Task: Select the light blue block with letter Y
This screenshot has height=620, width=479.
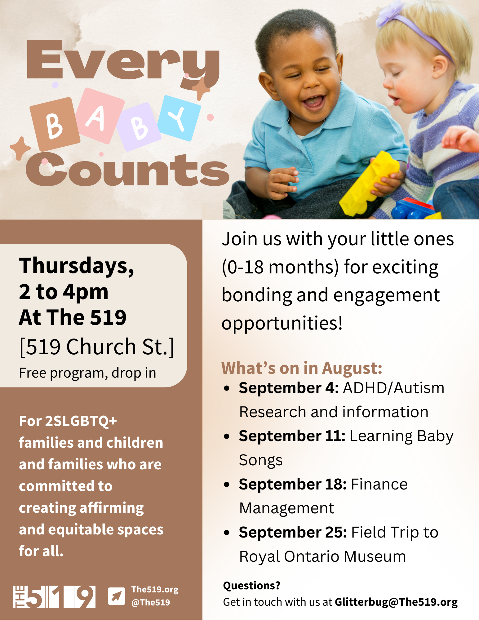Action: pyautogui.click(x=179, y=118)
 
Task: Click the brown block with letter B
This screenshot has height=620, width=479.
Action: pyautogui.click(x=55, y=124)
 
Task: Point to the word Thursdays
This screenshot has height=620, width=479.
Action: pyautogui.click(x=77, y=266)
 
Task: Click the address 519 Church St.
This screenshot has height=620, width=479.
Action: pyautogui.click(x=97, y=347)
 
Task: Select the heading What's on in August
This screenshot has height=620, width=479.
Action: pyautogui.click(x=302, y=368)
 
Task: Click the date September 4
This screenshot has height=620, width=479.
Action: pyautogui.click(x=289, y=388)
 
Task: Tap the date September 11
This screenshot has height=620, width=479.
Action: pyautogui.click(x=292, y=436)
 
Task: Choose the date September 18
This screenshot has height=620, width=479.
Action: pyautogui.click(x=293, y=484)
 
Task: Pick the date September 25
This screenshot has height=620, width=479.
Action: pyautogui.click(x=293, y=533)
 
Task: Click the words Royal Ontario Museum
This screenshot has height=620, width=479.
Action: pyautogui.click(x=322, y=556)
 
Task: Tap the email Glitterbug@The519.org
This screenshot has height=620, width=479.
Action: pyautogui.click(x=396, y=602)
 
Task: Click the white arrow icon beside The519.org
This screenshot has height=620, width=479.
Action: pyautogui.click(x=117, y=596)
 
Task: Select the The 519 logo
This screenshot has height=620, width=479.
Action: pyautogui.click(x=54, y=597)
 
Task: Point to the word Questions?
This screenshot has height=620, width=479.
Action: pyautogui.click(x=252, y=586)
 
